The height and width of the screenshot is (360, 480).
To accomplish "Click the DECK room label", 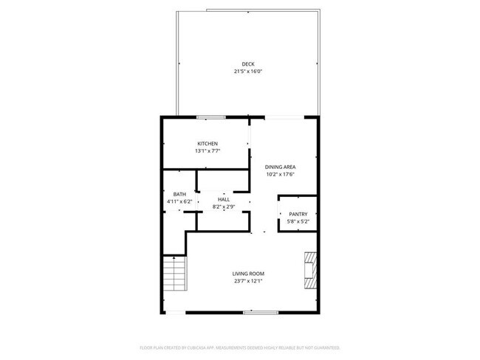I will coord(248,64).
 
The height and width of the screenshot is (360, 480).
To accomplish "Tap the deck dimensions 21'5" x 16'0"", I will coord(248,72).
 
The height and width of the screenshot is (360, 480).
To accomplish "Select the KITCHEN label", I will coord(207,143).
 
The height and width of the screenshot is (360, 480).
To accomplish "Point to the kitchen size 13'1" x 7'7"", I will coord(208,150).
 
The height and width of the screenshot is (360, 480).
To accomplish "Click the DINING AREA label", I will coord(281,167).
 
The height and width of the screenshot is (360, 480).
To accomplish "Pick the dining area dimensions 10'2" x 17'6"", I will coord(281,175).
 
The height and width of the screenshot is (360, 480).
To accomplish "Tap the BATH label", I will coord(179,194).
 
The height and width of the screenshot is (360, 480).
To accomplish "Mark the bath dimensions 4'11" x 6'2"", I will coord(179,201).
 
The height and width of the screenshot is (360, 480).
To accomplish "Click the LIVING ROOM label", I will coord(248,273).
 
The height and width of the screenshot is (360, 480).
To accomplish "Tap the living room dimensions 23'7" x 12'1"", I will coord(248,280).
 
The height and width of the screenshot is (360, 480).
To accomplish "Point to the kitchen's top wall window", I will coord(210,117).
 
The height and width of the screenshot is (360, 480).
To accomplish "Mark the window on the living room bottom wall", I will coord(261,312).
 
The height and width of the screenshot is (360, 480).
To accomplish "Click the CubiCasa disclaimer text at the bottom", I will coord(240,347).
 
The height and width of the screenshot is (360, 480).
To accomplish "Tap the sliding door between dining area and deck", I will coord(283,117).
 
